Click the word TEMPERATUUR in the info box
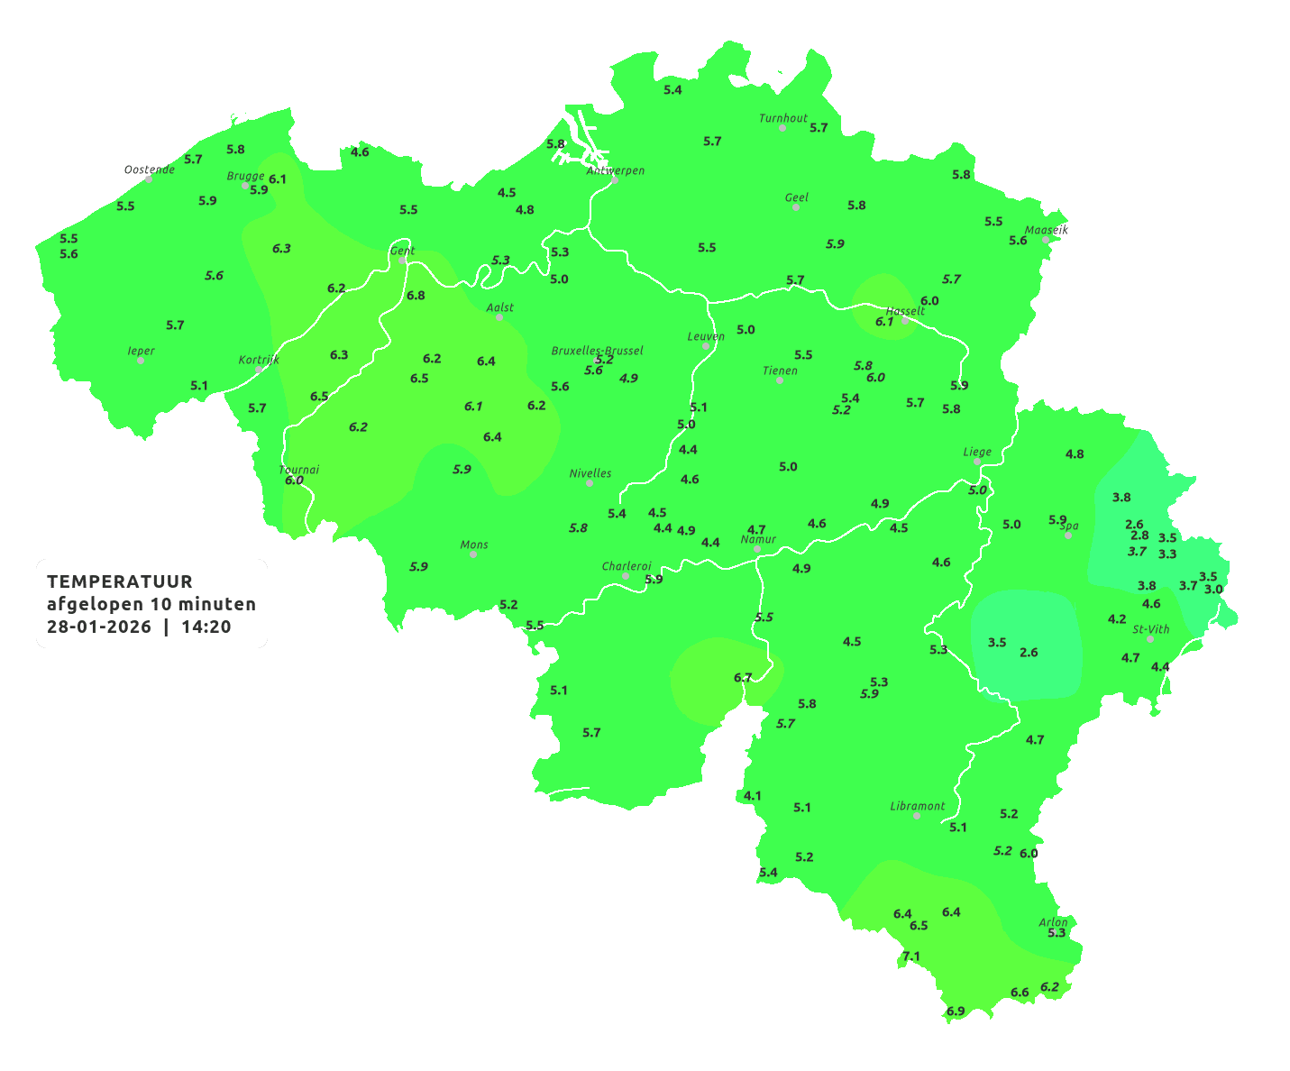coord(120,581)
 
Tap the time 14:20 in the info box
coord(206,627)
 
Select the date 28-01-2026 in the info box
coord(99,627)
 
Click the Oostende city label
coord(149,169)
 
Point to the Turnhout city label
coord(782,118)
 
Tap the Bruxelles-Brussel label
coord(597,350)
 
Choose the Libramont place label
coord(917,806)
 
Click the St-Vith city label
coord(1150,629)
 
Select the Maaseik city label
coord(1046,230)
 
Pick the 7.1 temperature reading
coord(911,957)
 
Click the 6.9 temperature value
coord(956,1011)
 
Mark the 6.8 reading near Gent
coord(416,296)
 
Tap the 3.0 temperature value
coord(1213,590)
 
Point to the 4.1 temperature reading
coord(753,796)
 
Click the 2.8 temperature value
coord(1139,535)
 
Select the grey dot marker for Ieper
coord(141,361)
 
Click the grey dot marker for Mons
coord(473,554)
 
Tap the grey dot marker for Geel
coord(796,207)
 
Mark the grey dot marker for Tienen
coord(780,380)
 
